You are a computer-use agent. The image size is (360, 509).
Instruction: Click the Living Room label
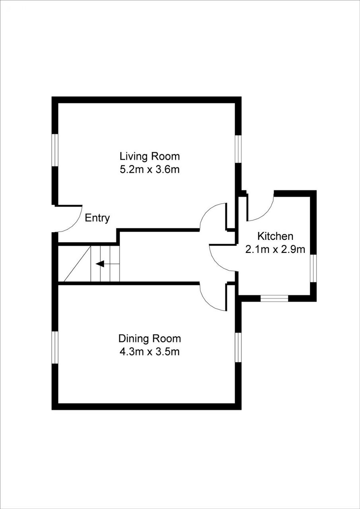[x=150, y=156]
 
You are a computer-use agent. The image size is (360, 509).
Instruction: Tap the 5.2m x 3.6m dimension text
[x=150, y=169]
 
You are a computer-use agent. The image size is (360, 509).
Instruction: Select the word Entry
[x=97, y=218]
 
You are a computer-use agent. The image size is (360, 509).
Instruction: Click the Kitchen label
[x=275, y=236]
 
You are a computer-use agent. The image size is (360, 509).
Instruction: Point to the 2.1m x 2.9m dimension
[x=275, y=249]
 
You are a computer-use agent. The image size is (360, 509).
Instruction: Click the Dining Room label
[x=150, y=338]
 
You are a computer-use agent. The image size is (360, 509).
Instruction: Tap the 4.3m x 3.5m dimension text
[x=150, y=352]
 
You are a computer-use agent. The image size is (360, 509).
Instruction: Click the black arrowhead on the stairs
[x=100, y=264]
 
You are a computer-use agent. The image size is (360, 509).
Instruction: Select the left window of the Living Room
[x=55, y=150]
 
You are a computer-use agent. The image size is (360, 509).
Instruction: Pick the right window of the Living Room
[x=238, y=149]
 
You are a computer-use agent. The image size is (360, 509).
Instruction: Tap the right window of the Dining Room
[x=238, y=348]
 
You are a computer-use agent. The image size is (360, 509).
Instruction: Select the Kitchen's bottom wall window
[x=274, y=298]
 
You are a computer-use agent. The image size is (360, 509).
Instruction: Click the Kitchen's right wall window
[x=313, y=268]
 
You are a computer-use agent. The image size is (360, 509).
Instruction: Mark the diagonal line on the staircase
[x=77, y=264]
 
